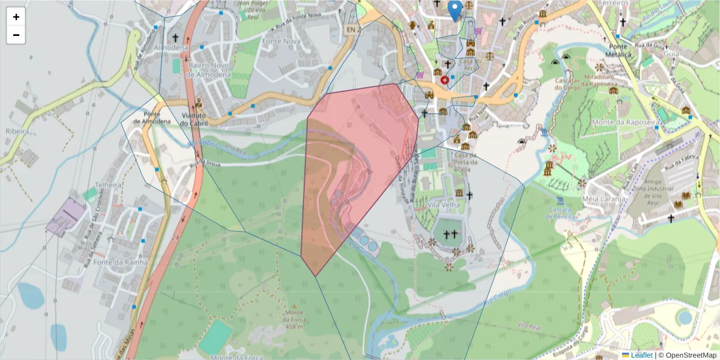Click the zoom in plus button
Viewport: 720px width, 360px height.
(16, 17)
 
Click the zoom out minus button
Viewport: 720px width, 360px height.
(16, 35)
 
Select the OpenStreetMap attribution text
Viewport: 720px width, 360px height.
(687, 355)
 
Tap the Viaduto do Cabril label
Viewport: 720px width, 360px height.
(193, 119)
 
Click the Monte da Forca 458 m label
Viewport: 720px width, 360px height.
(293, 320)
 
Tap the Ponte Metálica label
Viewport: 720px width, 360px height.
(620, 50)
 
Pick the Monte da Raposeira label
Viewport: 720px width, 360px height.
(626, 122)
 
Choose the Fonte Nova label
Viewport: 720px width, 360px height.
(281, 41)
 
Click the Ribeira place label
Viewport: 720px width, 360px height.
(17, 131)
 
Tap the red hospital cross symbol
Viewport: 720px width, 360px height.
(444, 79)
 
